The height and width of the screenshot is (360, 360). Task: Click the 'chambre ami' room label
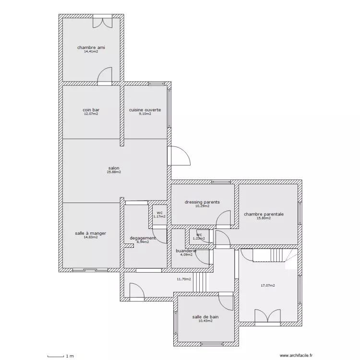[91, 48]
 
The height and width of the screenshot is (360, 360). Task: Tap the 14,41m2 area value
[91, 52]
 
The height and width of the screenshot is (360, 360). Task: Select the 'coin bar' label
[91, 110]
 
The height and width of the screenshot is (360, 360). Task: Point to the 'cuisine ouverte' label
[145, 110]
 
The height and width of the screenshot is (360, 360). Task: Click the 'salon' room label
[114, 168]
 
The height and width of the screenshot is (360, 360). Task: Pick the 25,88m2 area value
[114, 172]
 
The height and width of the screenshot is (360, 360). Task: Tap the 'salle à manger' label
[90, 233]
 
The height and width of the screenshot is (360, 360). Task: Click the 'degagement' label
[143, 238]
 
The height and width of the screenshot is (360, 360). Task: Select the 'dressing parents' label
[202, 202]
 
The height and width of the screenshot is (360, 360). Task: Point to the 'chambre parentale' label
[264, 214]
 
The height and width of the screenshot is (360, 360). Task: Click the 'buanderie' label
[186, 251]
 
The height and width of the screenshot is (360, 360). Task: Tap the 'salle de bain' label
[206, 317]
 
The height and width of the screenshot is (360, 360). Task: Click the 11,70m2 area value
[184, 279]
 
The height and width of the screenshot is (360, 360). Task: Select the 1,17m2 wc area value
[159, 216]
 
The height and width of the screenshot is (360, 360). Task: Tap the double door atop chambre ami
[103, 21]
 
